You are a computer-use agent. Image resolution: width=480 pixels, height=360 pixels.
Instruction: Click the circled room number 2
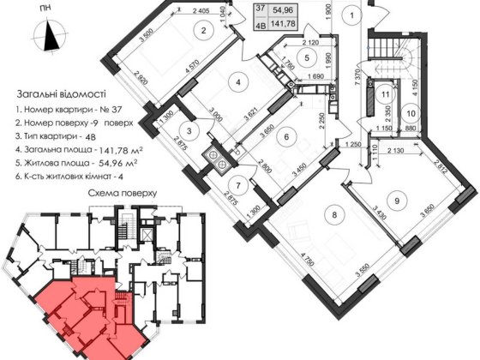[x=202, y=33]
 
